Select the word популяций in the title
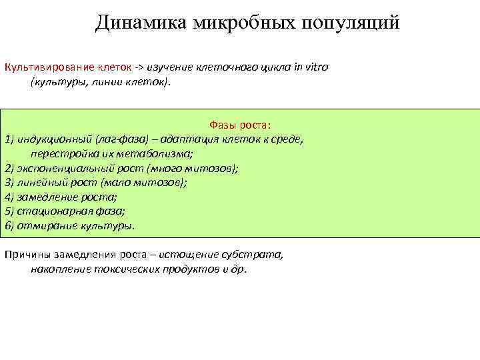coord(351,23)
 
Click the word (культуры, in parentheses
coord(57,83)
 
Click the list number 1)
coord(9,139)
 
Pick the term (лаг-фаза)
coord(118,139)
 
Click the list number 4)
coord(9,197)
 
